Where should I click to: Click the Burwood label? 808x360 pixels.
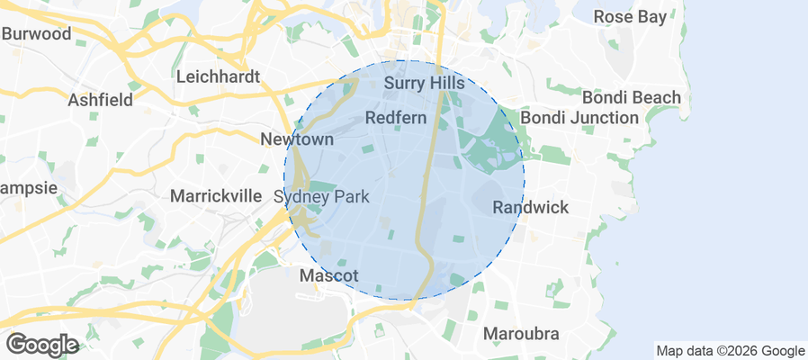(x=36, y=34)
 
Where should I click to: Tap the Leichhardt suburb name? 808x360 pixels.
(x=218, y=76)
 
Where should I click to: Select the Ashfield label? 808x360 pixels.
(x=100, y=100)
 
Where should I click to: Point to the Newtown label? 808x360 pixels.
(x=297, y=139)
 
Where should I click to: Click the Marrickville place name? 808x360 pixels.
(x=215, y=195)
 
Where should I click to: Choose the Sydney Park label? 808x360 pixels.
(x=321, y=196)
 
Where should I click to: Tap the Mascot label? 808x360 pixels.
(x=329, y=275)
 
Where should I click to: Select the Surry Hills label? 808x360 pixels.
(x=424, y=84)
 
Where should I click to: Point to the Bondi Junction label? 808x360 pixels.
(x=579, y=117)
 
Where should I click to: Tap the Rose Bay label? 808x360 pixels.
(x=631, y=16)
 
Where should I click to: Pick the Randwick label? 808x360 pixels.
(x=531, y=208)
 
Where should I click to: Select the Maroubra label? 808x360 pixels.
(x=521, y=334)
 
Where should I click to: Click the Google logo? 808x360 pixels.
(x=42, y=344)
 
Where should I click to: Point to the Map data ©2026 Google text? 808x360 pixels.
(x=730, y=351)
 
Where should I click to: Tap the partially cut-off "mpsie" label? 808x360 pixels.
(x=29, y=188)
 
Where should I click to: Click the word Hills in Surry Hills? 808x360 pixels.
(x=446, y=84)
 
